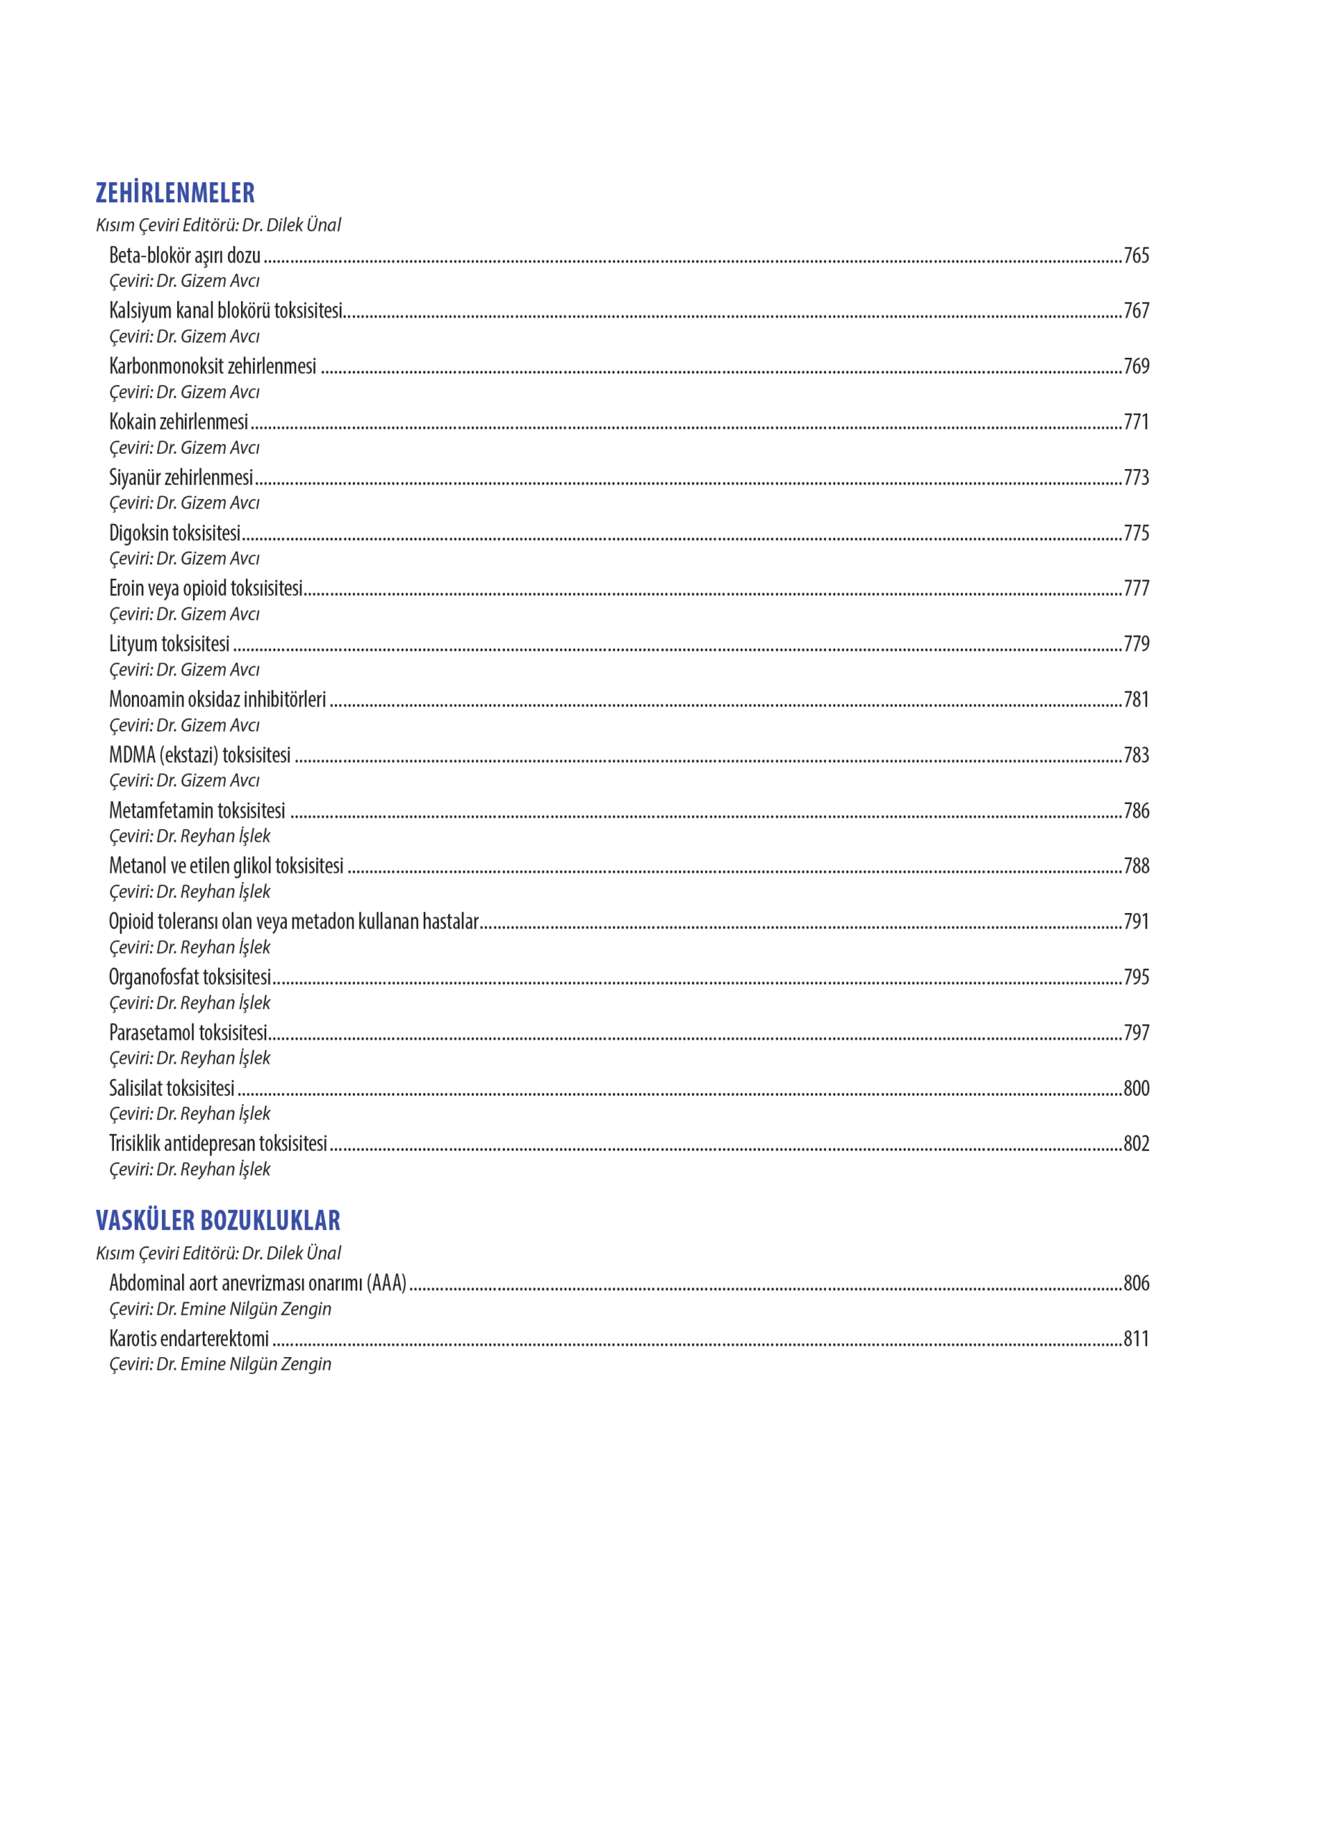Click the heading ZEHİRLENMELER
pyautogui.click(x=175, y=193)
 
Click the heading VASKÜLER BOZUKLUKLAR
pyautogui.click(x=218, y=1220)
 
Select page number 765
pyautogui.click(x=1136, y=256)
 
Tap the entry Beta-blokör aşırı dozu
pyautogui.click(x=184, y=256)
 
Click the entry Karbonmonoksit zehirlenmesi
pyautogui.click(x=212, y=366)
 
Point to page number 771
pyautogui.click(x=1136, y=422)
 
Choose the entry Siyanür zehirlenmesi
pyautogui.click(x=181, y=478)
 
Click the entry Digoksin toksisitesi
pyautogui.click(x=175, y=533)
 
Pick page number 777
pyautogui.click(x=1136, y=589)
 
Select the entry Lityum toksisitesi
pyautogui.click(x=169, y=643)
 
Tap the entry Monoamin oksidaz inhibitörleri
pyautogui.click(x=217, y=699)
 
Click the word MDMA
pyautogui.click(x=132, y=755)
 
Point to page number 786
pyautogui.click(x=1136, y=810)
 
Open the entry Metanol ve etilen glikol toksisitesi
pyautogui.click(x=226, y=866)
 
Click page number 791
pyautogui.click(x=1136, y=922)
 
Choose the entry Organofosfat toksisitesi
pyautogui.click(x=189, y=977)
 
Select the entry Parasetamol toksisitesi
pyautogui.click(x=188, y=1033)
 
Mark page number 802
pyautogui.click(x=1136, y=1144)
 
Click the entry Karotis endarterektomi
pyautogui.click(x=189, y=1339)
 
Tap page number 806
pyautogui.click(x=1136, y=1283)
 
